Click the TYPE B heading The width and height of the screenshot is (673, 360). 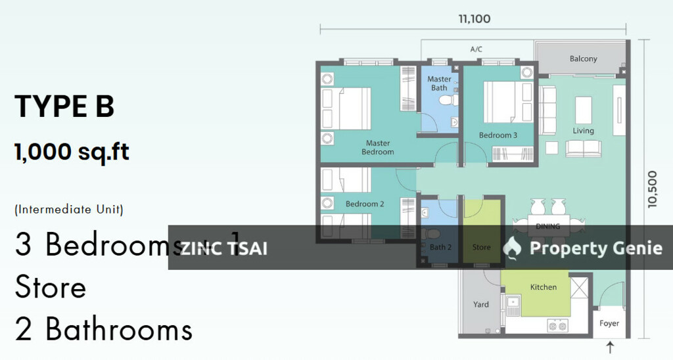[64, 106]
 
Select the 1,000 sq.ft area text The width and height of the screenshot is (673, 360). [72, 152]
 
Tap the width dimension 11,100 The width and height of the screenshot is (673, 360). [474, 19]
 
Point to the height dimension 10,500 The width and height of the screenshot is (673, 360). [652, 190]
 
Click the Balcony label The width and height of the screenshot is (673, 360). [583, 58]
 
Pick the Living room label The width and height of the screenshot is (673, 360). [583, 131]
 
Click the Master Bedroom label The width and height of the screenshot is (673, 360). [378, 147]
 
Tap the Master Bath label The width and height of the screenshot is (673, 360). [439, 83]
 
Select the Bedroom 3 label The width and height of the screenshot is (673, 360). [498, 135]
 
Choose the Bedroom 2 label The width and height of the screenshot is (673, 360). [365, 204]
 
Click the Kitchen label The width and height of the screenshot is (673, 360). [544, 287]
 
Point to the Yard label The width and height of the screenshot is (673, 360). [481, 304]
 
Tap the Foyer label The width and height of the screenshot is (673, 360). [609, 323]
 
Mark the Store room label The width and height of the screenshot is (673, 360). [481, 248]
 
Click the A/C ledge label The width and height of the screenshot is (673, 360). [476, 49]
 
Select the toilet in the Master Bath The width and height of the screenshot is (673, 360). [448, 100]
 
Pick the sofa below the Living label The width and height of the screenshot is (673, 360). [583, 148]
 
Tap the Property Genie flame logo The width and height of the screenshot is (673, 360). [511, 247]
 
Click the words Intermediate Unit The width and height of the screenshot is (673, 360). [68, 210]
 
